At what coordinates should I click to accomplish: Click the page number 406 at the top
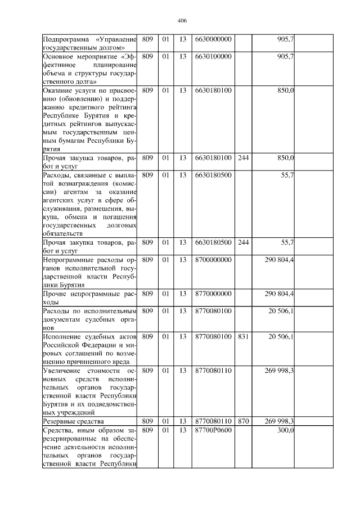(x=181, y=20)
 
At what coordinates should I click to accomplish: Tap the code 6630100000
(x=213, y=57)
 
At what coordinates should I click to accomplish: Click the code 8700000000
(x=213, y=260)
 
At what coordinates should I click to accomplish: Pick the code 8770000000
(x=213, y=294)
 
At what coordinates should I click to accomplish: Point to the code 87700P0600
(x=213, y=430)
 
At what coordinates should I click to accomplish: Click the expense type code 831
(x=243, y=336)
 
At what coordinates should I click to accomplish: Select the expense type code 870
(x=243, y=421)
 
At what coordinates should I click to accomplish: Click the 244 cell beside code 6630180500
(x=243, y=242)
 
